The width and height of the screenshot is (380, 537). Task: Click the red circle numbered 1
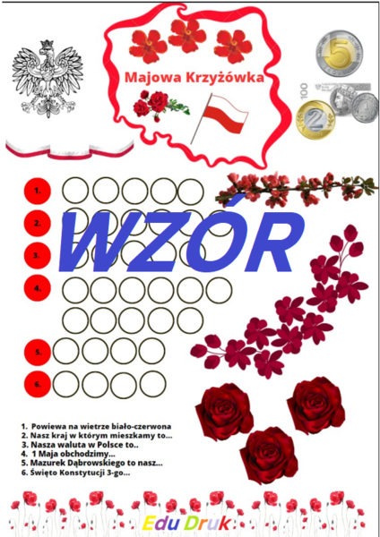[x=38, y=192]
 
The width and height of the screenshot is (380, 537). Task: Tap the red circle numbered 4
[x=38, y=288]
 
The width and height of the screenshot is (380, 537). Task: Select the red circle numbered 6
[x=38, y=384]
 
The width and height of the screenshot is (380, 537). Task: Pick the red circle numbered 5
[x=38, y=352]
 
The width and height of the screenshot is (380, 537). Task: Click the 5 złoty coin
[x=339, y=54]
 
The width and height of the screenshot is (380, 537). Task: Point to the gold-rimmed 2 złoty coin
[x=315, y=120]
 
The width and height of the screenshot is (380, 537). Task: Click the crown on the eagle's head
[x=47, y=45]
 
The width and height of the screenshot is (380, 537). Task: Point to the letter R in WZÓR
[x=271, y=241]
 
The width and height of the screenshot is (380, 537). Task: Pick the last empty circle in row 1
[x=190, y=191]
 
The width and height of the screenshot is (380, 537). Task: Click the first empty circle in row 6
[x=65, y=384]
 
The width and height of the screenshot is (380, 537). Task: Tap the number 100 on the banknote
[x=304, y=89]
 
